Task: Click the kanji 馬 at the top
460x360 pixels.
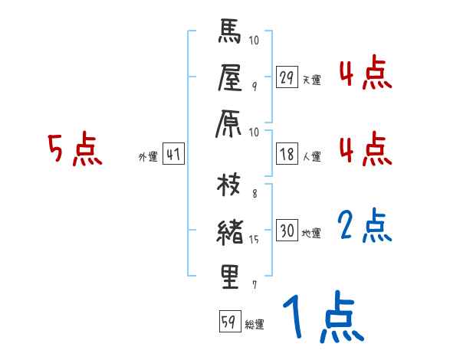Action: tap(231, 34)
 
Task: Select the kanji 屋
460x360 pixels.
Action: tap(231, 79)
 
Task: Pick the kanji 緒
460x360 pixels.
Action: tap(230, 231)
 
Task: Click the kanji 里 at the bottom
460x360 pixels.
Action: tap(231, 277)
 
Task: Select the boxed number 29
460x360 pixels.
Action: tap(287, 77)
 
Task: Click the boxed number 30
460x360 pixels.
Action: tap(287, 231)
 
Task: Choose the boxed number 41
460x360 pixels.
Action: tap(173, 155)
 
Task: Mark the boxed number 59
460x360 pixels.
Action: tap(228, 322)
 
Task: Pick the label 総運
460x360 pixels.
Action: tap(255, 325)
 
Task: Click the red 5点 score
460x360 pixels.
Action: tap(75, 150)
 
